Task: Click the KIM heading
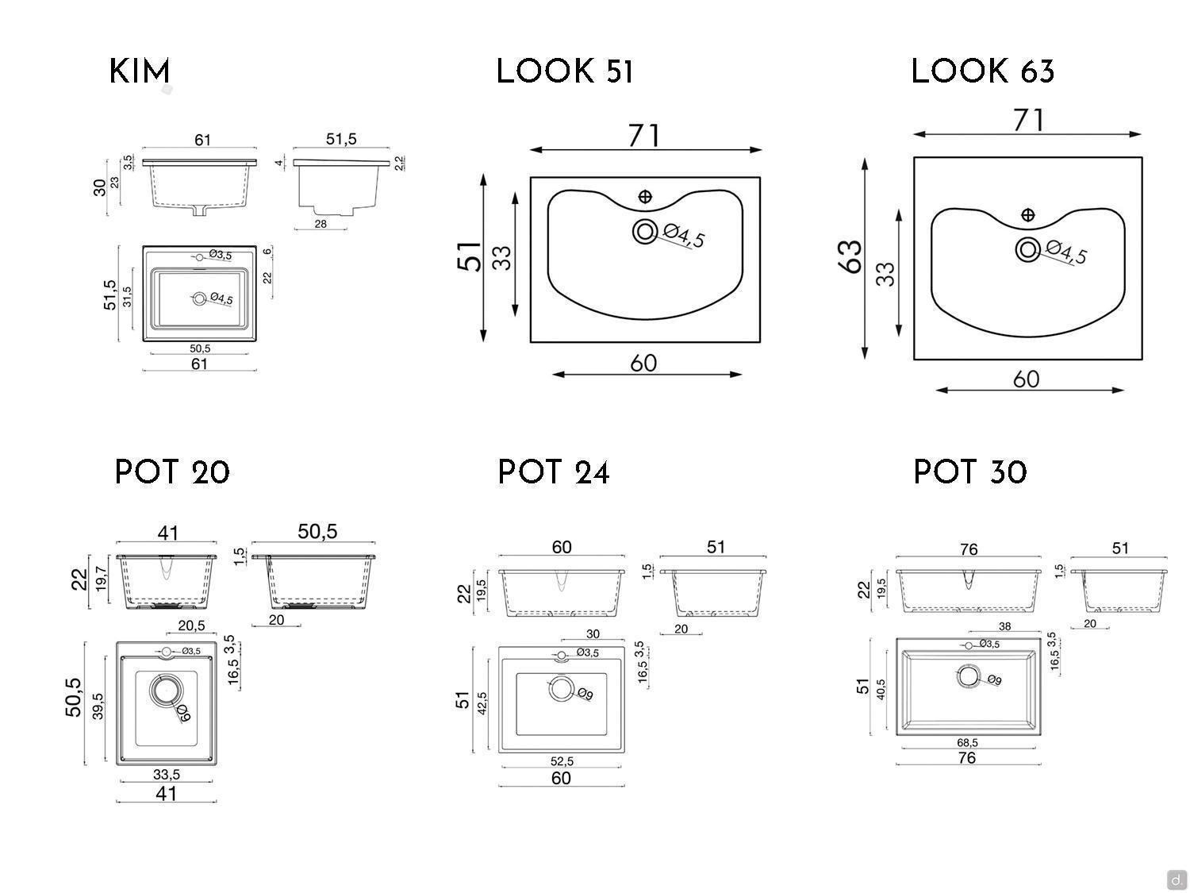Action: click(x=140, y=71)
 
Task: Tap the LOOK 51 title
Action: click(x=564, y=71)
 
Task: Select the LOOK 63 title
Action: click(x=982, y=71)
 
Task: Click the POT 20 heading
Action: click(x=172, y=472)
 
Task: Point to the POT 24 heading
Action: click(x=553, y=472)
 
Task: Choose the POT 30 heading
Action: click(x=969, y=472)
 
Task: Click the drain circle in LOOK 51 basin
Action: click(x=644, y=232)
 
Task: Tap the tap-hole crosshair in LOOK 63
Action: click(x=1028, y=214)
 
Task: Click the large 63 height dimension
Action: click(x=850, y=256)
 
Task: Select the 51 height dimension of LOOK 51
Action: click(x=470, y=257)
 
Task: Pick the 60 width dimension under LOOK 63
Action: click(x=1026, y=379)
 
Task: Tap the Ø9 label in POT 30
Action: click(x=994, y=680)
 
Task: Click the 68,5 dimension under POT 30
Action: click(x=967, y=743)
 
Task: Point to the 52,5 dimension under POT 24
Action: click(x=561, y=761)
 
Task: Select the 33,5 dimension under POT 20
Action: click(x=166, y=774)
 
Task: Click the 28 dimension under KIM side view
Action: click(x=321, y=224)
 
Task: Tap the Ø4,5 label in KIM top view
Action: click(x=221, y=299)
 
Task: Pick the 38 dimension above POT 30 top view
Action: click(x=1004, y=626)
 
